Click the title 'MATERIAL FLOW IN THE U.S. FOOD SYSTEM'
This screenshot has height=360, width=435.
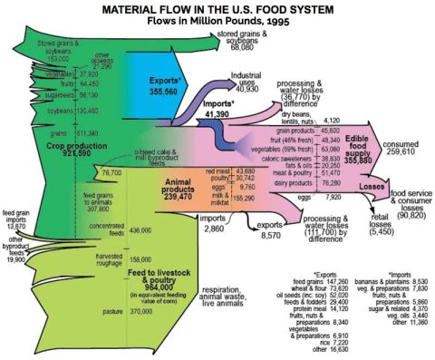point(217,8)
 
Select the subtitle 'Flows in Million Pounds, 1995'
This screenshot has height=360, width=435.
point(217,21)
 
